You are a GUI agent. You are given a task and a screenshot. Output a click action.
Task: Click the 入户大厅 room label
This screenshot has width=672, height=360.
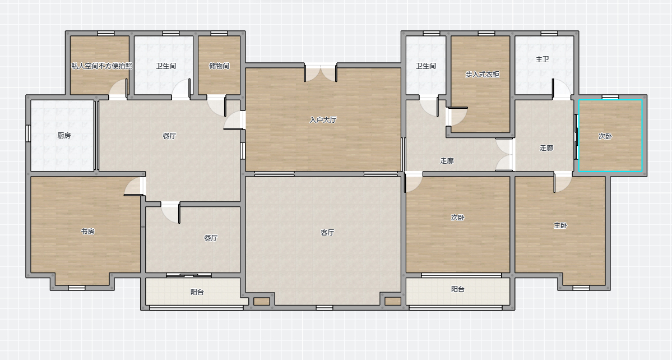[323, 120]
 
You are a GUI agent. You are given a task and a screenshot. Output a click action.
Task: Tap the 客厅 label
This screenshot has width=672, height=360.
[327, 232]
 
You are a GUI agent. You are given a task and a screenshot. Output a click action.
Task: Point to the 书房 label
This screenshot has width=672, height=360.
[87, 231]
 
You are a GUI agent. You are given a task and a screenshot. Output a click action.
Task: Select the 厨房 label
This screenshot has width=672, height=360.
[64, 136]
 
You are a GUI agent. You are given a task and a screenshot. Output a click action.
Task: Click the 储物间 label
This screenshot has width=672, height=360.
[219, 66]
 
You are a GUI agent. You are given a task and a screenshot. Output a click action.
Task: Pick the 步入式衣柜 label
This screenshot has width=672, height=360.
[483, 74]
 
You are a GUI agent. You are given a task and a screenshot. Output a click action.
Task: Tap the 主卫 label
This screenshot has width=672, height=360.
[543, 59]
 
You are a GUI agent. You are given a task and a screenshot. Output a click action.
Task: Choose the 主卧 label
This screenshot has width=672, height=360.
[560, 225]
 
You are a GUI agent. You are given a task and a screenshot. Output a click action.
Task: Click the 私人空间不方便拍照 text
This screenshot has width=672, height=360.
[101, 66]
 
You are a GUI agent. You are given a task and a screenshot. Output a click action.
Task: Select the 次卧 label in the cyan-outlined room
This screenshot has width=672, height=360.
[605, 136]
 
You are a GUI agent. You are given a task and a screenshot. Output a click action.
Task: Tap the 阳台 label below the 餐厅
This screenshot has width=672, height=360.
[197, 292]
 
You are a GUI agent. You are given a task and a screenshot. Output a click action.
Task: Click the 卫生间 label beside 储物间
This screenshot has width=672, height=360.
[166, 66]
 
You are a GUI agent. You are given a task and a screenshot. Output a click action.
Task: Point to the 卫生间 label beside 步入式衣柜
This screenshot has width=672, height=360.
[425, 66]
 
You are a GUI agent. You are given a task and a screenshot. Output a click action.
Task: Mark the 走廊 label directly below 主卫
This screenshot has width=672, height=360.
[546, 148]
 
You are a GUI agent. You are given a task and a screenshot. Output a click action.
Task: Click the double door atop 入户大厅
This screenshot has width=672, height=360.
[321, 72]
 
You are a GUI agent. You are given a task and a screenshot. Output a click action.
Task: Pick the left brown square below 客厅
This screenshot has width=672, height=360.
[261, 301]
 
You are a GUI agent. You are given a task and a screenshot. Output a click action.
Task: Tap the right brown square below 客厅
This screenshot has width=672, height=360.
[392, 301]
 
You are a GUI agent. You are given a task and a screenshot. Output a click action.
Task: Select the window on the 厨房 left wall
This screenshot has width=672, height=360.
[28, 133]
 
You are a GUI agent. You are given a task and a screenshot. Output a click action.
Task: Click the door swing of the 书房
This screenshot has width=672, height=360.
[133, 186]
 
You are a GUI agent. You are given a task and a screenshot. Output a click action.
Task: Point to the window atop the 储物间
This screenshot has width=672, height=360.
[219, 34]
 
